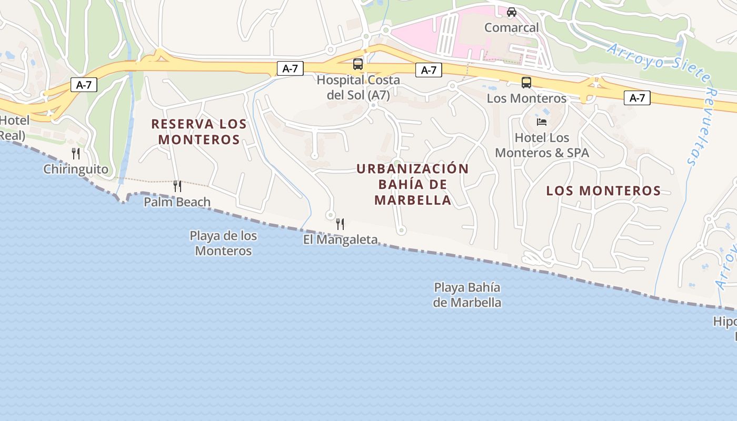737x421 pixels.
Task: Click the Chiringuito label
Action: pyautogui.click(x=76, y=169)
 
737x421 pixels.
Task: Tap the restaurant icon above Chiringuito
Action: pyautogui.click(x=76, y=154)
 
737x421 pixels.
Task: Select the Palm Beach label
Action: pyautogui.click(x=177, y=202)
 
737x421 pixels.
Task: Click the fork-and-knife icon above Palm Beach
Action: pyautogui.click(x=177, y=186)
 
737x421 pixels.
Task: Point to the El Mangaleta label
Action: pyautogui.click(x=340, y=239)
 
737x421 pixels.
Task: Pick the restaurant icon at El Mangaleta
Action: pyautogui.click(x=340, y=224)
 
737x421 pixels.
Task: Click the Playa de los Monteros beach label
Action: pyautogui.click(x=223, y=243)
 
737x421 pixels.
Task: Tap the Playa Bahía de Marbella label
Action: pyautogui.click(x=467, y=295)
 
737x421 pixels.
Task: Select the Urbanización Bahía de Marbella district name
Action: pyautogui.click(x=413, y=184)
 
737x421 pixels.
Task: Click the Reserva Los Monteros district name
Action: pyautogui.click(x=199, y=132)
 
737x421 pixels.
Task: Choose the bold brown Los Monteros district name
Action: pyautogui.click(x=603, y=191)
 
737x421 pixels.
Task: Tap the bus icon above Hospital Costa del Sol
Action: pyautogui.click(x=358, y=64)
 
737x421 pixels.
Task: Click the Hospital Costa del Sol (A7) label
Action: pyautogui.click(x=358, y=87)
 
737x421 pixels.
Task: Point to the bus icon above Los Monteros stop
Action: pyautogui.click(x=526, y=83)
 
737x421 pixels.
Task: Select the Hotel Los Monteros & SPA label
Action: pyautogui.click(x=542, y=145)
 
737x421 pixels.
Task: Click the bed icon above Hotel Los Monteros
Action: pyautogui.click(x=542, y=122)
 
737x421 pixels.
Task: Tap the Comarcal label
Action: pyautogui.click(x=511, y=27)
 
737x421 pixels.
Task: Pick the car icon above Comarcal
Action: pyautogui.click(x=511, y=12)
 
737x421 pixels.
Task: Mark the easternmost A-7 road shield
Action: pyautogui.click(x=637, y=97)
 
